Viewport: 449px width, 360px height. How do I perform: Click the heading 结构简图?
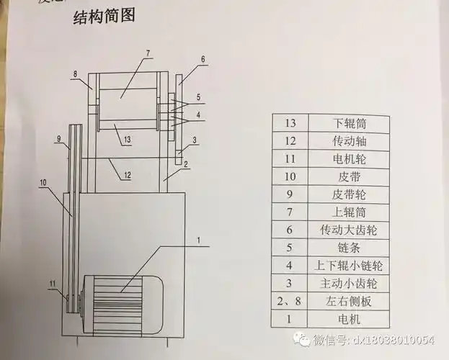[x=105, y=17]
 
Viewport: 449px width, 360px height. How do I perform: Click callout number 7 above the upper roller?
[x=147, y=53]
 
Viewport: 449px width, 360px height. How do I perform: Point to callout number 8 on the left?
[x=74, y=73]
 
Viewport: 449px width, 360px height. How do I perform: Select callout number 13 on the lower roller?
[x=126, y=138]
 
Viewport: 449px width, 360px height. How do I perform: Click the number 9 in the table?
[x=291, y=193]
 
